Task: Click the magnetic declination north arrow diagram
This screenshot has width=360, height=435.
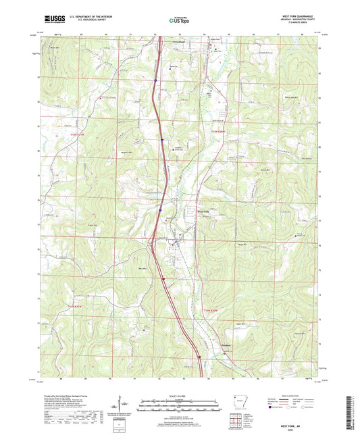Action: [124, 406]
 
